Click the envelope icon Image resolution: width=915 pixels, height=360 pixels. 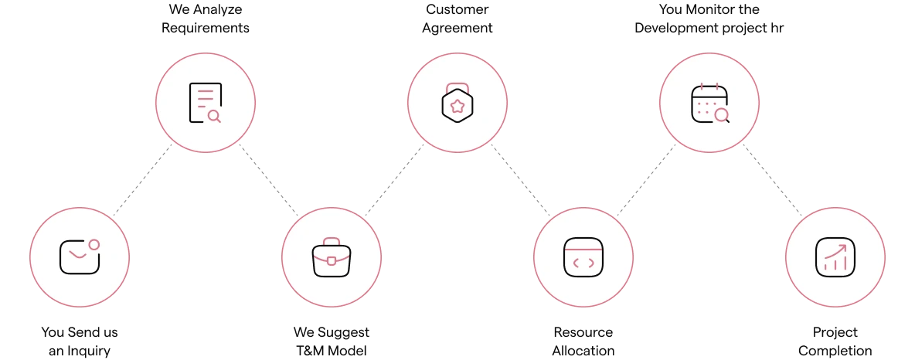[79, 257]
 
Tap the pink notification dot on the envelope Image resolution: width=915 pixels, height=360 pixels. [94, 244]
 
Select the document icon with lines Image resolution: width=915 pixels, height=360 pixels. [205, 103]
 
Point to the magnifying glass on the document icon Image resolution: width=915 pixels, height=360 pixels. [214, 116]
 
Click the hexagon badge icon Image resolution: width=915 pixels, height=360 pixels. [457, 104]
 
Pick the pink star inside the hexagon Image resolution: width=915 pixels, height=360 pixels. [457, 106]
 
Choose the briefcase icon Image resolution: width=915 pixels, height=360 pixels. [332, 258]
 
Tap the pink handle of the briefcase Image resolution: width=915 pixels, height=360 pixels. [332, 242]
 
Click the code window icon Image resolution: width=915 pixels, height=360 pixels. [583, 257]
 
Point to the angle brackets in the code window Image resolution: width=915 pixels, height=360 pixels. [583, 263]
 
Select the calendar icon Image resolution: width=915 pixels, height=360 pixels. [709, 104]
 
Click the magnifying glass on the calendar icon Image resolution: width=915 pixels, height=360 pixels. [722, 115]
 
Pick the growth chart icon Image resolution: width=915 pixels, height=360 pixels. [835, 257]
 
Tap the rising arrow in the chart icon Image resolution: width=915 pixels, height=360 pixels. [836, 250]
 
